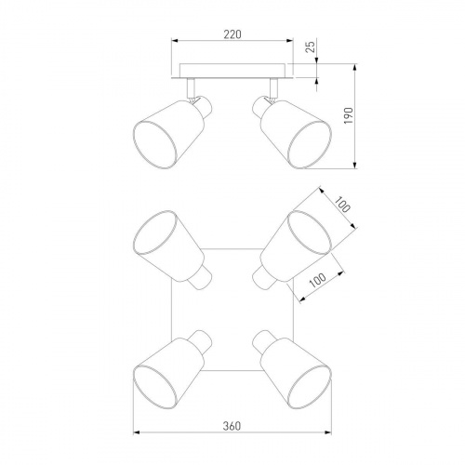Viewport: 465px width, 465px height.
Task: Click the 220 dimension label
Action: click(x=232, y=34)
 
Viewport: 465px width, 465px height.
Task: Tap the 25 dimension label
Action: click(x=311, y=46)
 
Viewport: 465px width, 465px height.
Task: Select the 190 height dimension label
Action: click(x=349, y=115)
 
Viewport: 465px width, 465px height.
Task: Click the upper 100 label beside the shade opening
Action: click(x=343, y=205)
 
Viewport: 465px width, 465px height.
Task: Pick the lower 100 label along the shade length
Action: click(x=318, y=280)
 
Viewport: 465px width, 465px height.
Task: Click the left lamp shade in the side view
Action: click(x=169, y=134)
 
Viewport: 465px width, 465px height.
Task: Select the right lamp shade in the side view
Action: click(x=296, y=134)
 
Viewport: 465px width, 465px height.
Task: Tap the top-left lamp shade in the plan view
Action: click(x=169, y=246)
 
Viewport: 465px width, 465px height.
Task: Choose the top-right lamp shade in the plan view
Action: click(x=296, y=246)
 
